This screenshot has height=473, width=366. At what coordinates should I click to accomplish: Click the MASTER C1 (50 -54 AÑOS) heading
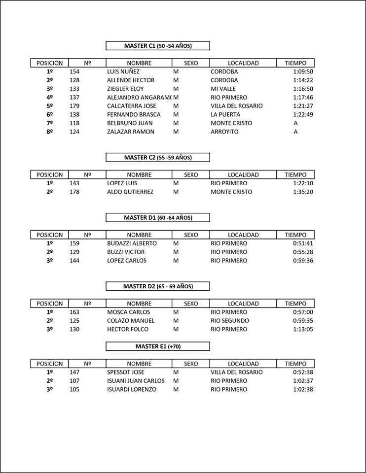pyautogui.click(x=158, y=46)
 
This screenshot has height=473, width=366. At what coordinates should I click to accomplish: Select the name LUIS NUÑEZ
pyautogui.click(x=123, y=71)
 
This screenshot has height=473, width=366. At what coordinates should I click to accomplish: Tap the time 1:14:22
pyautogui.click(x=303, y=80)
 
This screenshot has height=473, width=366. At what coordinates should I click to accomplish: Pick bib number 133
pyautogui.click(x=74, y=89)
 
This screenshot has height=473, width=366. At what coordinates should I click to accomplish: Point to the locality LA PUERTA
pyautogui.click(x=225, y=114)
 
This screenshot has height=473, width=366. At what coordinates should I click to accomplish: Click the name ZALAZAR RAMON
pyautogui.click(x=131, y=132)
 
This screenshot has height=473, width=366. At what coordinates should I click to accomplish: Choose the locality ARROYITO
pyautogui.click(x=224, y=132)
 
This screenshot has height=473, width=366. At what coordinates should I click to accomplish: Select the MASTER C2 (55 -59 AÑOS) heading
pyautogui.click(x=158, y=158)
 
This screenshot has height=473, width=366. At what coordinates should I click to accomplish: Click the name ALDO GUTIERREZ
pyautogui.click(x=130, y=192)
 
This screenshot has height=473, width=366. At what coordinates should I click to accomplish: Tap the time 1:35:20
pyautogui.click(x=303, y=192)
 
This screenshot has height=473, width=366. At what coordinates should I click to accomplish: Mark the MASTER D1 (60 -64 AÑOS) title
pyautogui.click(x=158, y=217)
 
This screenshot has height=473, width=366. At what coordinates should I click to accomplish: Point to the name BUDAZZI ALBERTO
pyautogui.click(x=132, y=243)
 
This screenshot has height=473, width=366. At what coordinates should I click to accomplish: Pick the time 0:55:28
pyautogui.click(x=303, y=252)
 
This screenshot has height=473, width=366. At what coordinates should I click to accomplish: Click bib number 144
pyautogui.click(x=74, y=261)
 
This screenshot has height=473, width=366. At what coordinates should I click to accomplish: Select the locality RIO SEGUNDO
pyautogui.click(x=230, y=321)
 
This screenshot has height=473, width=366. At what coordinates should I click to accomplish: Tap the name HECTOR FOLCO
pyautogui.click(x=128, y=329)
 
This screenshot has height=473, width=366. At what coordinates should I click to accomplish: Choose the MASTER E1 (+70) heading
pyautogui.click(x=158, y=346)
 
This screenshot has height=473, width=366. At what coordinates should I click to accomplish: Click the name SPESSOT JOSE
pyautogui.click(x=126, y=372)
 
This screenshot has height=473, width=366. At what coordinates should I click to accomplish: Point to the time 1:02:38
pyautogui.click(x=303, y=389)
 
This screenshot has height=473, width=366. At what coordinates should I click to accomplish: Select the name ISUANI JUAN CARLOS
pyautogui.click(x=136, y=381)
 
